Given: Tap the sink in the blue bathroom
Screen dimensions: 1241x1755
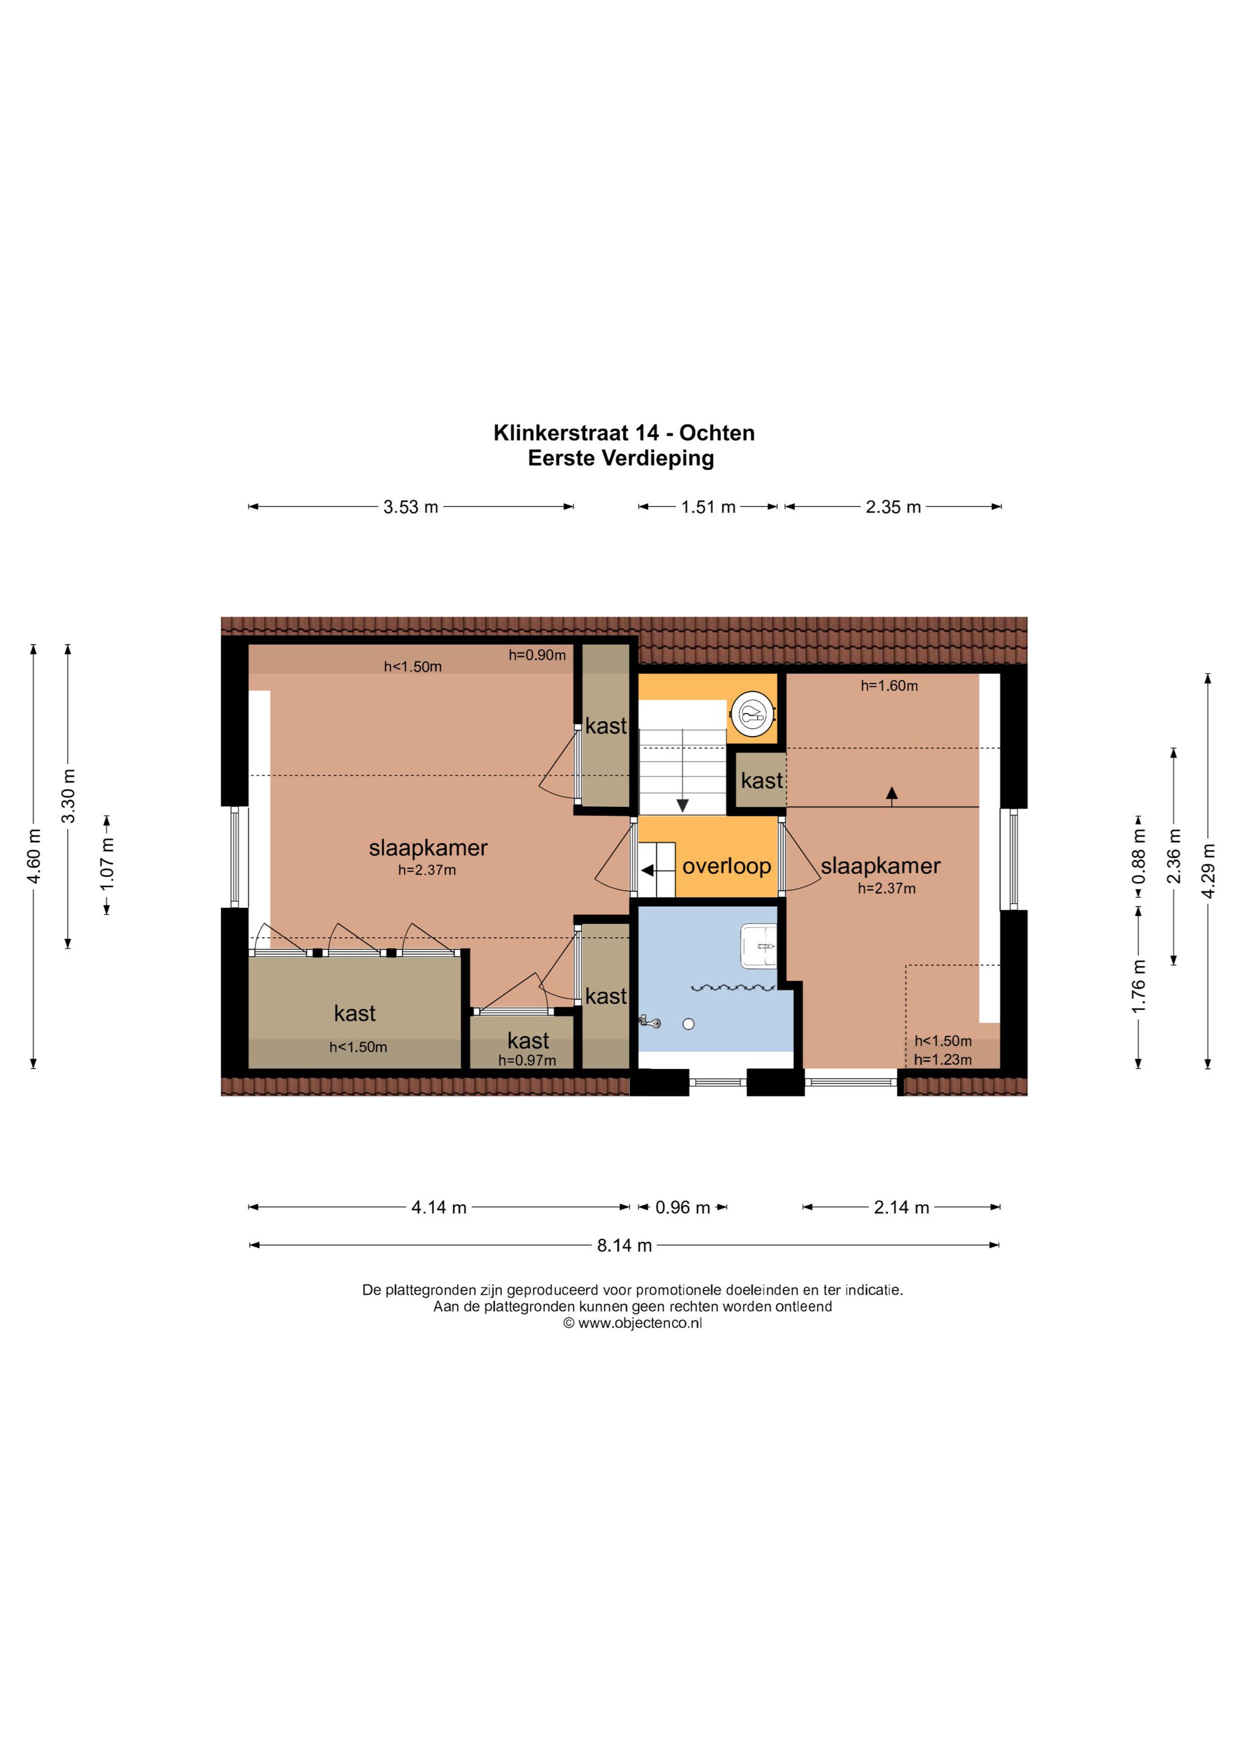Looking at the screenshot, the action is pyautogui.click(x=759, y=946).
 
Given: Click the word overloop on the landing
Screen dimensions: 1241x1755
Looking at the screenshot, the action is pyautogui.click(x=727, y=866).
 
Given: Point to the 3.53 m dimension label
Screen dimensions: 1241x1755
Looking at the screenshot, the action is pyautogui.click(x=411, y=507).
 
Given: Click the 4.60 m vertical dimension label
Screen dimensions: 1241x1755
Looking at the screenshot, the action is pyautogui.click(x=34, y=856).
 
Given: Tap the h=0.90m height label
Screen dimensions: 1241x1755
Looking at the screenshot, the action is pyautogui.click(x=537, y=655).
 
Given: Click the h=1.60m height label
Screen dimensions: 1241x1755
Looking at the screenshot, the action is pyautogui.click(x=889, y=686).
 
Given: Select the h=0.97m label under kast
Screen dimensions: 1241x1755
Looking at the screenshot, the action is pyautogui.click(x=527, y=1060).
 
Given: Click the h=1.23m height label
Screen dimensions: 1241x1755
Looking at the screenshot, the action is pyautogui.click(x=943, y=1060).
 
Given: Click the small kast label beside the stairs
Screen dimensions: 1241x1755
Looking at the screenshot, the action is pyautogui.click(x=762, y=781).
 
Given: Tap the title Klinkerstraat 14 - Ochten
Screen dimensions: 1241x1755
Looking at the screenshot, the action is pyautogui.click(x=624, y=433).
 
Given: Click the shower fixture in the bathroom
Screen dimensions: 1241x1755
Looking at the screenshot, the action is pyautogui.click(x=650, y=1021).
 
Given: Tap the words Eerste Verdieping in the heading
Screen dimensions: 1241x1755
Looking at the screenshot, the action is pyautogui.click(x=621, y=459).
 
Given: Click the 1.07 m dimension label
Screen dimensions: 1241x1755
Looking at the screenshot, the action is pyautogui.click(x=107, y=863).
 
